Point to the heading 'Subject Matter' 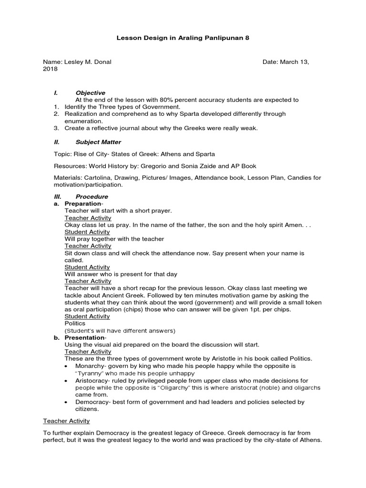(x=98, y=142)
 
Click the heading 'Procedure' (x=92, y=196)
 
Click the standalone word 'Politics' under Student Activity (x=75, y=324)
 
